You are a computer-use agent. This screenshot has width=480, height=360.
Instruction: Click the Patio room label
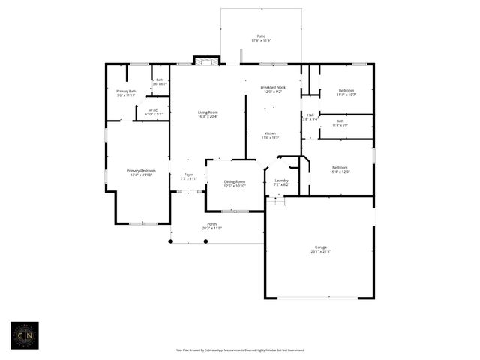coord(261,37)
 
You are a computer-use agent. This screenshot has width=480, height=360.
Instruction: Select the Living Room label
coord(208,114)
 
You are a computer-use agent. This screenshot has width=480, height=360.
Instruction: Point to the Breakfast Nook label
coord(273,89)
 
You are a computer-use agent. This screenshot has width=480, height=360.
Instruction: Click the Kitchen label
coord(270,135)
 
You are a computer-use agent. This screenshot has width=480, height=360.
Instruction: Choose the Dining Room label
coord(235,183)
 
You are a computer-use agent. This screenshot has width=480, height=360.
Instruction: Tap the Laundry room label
coord(282,182)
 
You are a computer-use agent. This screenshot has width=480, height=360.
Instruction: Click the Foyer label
coord(188,177)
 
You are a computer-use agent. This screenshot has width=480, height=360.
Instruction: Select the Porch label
coord(212,226)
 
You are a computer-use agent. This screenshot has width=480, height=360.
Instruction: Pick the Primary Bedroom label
coord(141,172)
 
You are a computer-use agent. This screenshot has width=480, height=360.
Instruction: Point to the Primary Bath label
coord(126,93)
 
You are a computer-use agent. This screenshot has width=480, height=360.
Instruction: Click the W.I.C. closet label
coord(152,112)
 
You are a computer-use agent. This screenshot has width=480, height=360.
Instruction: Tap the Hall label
coord(310,116)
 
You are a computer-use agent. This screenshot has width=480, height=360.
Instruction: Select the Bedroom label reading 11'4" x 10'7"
coord(346,92)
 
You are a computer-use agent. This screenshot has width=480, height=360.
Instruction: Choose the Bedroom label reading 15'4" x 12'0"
coord(340,169)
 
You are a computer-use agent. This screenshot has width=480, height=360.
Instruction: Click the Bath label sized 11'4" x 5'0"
coord(340,123)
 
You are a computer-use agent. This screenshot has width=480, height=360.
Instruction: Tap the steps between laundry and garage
coord(277,201)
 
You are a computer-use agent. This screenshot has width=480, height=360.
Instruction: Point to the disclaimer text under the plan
coord(240,349)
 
